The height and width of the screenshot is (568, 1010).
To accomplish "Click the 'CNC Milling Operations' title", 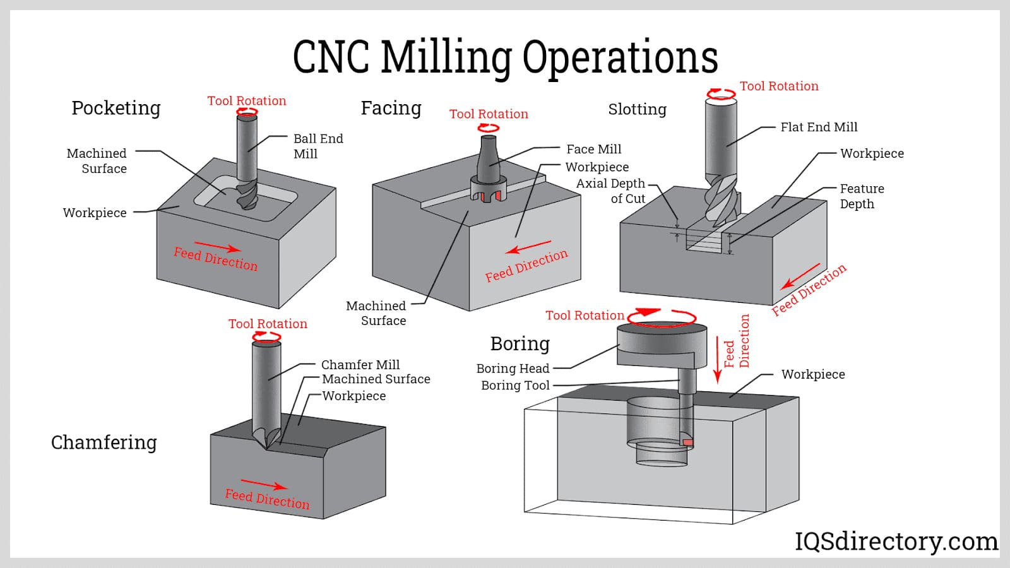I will pos(505,57).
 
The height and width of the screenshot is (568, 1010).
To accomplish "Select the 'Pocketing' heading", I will pos(116,108).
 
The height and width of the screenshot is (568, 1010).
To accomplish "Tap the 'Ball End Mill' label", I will pos(318,146).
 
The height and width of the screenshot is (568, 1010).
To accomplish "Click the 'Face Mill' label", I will pos(593,149).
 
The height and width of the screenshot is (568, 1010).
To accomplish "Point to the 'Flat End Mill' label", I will pos(819,127).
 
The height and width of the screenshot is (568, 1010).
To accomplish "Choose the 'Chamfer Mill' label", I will pos(360,364).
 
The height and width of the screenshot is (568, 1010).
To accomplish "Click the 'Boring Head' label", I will pos(513,368).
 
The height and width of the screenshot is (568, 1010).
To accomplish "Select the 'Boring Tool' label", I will pos(515,385).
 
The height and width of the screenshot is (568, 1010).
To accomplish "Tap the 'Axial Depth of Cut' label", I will pos(610,191).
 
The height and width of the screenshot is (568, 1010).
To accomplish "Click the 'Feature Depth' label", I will pos(861,196).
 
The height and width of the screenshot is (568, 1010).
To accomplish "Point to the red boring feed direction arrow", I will pos(717,360).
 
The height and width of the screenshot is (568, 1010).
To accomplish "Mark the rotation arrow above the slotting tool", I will pos(721,95).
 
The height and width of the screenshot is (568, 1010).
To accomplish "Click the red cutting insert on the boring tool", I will pos(688,442).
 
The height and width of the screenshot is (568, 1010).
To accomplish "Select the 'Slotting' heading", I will pos(637,109).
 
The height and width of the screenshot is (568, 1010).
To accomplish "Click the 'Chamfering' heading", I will pos(104,442).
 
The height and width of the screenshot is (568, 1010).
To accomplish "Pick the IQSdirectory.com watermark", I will pos(896,541).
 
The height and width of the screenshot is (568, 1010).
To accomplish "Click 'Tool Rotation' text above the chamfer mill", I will pos(268,323).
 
